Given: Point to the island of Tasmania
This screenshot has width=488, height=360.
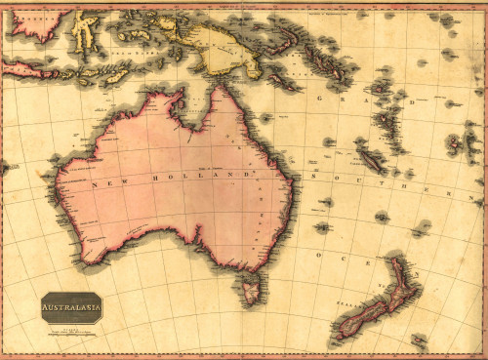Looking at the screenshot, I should (x=253, y=287).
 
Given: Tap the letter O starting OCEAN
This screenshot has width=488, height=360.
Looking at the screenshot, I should (x=318, y=254).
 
